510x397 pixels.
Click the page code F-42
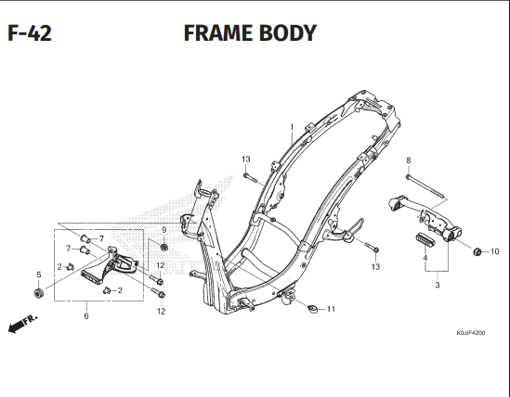tap(29, 34)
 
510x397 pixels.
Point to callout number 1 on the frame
tap(291, 127)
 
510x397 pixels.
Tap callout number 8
tap(408, 160)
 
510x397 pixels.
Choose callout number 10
tap(494, 251)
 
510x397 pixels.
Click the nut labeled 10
tap(477, 251)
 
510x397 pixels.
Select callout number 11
tap(330, 308)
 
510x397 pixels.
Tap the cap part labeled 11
tap(313, 307)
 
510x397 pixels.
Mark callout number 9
tap(163, 230)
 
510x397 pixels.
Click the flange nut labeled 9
tap(163, 247)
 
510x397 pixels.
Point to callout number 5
tap(38, 275)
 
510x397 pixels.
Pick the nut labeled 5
tap(38, 294)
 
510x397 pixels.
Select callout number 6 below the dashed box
tap(86, 316)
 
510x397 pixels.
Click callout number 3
tap(437, 285)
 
